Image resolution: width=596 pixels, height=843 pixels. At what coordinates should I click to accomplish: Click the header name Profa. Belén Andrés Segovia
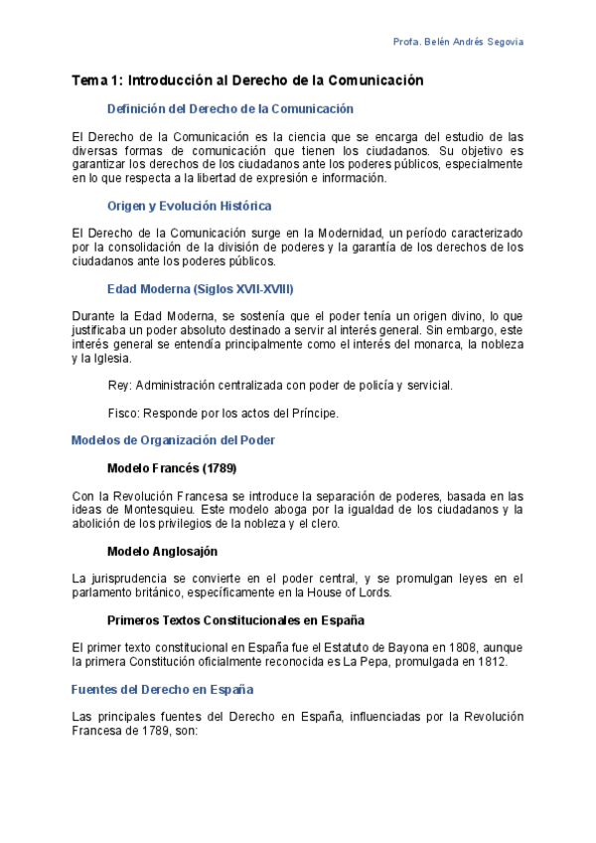[459, 42]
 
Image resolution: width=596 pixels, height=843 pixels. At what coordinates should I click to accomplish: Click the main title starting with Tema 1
[248, 81]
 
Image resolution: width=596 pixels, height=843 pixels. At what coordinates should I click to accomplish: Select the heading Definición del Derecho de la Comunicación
[229, 108]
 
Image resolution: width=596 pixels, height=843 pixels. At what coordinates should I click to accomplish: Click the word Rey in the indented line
[118, 385]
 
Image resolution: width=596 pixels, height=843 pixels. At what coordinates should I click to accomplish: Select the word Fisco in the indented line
[121, 413]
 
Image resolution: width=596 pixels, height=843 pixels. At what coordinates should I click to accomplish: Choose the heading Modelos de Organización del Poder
[174, 439]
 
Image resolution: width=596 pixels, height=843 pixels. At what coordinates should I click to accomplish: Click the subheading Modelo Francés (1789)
[171, 467]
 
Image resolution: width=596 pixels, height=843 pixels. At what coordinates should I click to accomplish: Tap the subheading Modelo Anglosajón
[161, 550]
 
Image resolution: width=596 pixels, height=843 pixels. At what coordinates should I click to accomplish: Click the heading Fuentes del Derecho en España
[162, 688]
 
